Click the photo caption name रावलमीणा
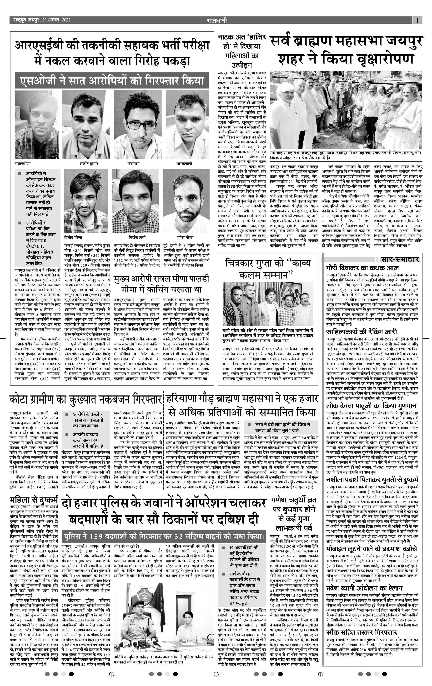click(x=23, y=164)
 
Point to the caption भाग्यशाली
click(x=184, y=164)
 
